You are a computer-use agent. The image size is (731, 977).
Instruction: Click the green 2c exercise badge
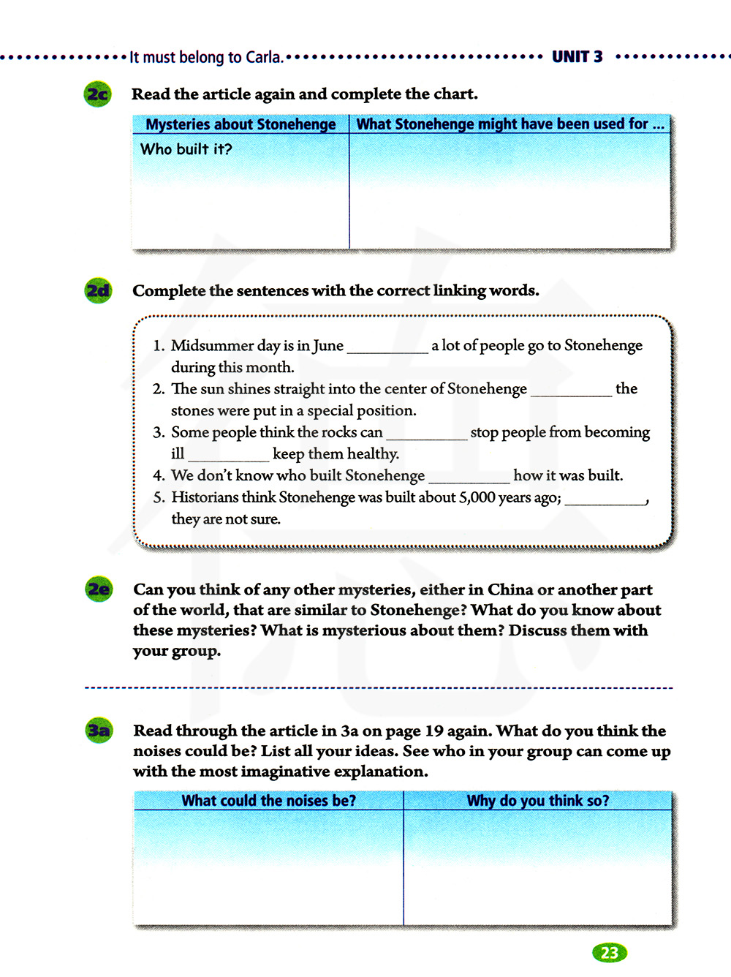(x=98, y=94)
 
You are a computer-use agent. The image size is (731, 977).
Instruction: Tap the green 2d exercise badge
(x=99, y=291)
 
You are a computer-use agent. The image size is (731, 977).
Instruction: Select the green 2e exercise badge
(x=99, y=589)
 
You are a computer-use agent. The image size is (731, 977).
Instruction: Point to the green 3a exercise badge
(x=99, y=731)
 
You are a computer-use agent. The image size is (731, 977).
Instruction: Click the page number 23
(x=609, y=952)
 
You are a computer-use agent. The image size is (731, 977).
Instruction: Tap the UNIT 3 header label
(x=577, y=57)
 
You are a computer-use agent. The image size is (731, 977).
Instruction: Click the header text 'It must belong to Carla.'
(x=206, y=58)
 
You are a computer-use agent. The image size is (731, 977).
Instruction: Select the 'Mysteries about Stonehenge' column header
(x=240, y=124)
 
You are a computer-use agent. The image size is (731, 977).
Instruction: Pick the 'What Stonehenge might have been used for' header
(x=510, y=124)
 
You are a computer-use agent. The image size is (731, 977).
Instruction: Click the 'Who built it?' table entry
(x=186, y=149)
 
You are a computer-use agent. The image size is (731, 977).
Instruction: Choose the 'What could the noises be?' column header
(x=268, y=801)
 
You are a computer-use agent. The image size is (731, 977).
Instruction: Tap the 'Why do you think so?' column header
(x=537, y=801)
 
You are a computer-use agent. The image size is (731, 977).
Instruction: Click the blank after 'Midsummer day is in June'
(x=387, y=348)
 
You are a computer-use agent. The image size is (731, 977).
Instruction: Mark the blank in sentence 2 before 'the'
(x=571, y=391)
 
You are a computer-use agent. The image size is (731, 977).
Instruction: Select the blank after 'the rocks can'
(x=426, y=434)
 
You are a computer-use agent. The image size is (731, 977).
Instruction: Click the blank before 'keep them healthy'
(x=229, y=456)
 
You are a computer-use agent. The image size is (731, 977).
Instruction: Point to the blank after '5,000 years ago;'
(x=605, y=499)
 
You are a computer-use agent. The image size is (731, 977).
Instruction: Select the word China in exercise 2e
(x=510, y=590)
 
